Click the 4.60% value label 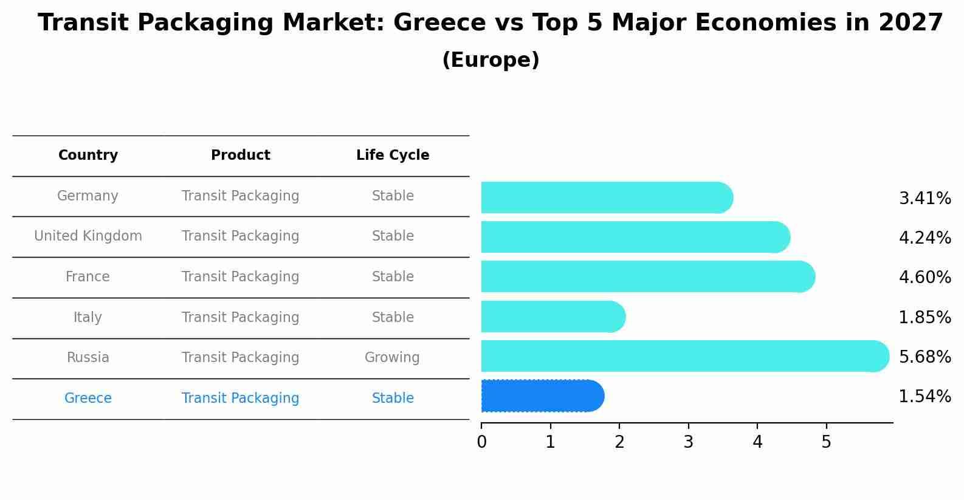924,278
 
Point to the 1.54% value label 924,397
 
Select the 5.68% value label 924,357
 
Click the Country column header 88,156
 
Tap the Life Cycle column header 393,156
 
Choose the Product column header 241,156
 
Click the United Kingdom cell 88,236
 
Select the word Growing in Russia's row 392,358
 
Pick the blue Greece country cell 88,399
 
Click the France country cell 88,277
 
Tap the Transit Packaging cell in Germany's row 241,196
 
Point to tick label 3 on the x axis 688,442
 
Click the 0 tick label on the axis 481,442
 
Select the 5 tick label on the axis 826,442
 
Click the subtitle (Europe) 491,60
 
